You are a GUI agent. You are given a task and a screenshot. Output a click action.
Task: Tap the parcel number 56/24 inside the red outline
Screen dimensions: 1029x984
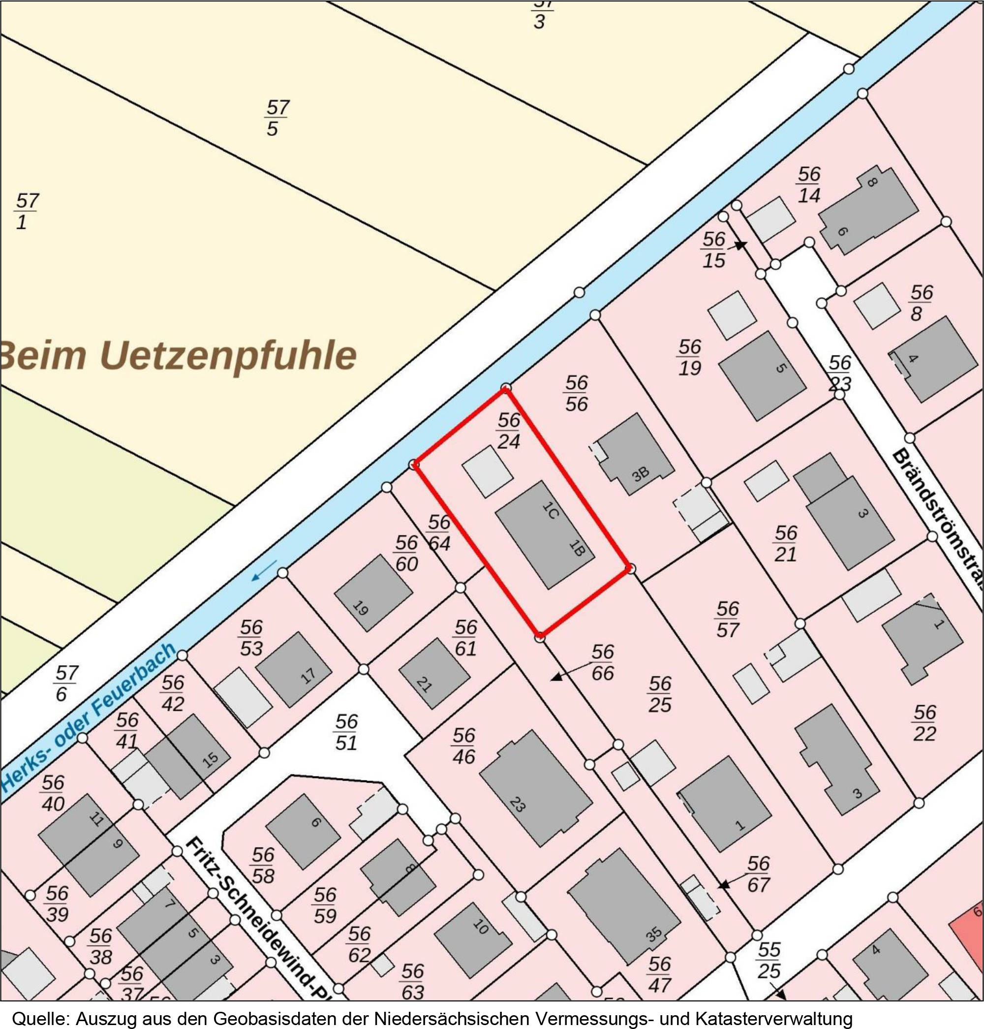pyautogui.click(x=508, y=431)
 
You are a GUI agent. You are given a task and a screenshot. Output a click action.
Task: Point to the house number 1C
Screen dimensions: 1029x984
pyautogui.click(x=549, y=510)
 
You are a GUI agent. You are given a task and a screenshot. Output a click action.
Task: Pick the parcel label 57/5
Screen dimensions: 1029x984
pyautogui.click(x=276, y=118)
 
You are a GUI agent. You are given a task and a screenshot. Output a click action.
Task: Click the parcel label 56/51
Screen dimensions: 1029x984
pyautogui.click(x=346, y=732)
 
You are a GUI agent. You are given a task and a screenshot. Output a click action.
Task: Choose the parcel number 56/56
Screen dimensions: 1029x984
pyautogui.click(x=576, y=393)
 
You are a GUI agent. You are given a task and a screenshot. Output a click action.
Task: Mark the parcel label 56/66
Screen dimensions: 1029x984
pyautogui.click(x=602, y=662)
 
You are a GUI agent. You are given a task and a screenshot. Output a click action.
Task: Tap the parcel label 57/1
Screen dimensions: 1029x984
pyautogui.click(x=26, y=211)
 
